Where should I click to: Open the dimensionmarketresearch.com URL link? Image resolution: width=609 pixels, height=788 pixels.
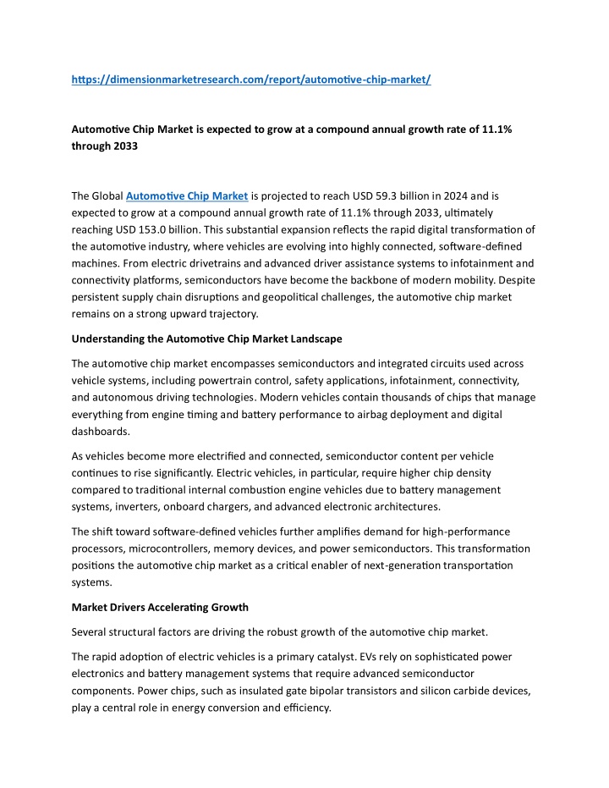(x=251, y=80)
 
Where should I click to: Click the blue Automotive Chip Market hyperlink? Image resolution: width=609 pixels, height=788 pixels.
(x=186, y=196)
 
